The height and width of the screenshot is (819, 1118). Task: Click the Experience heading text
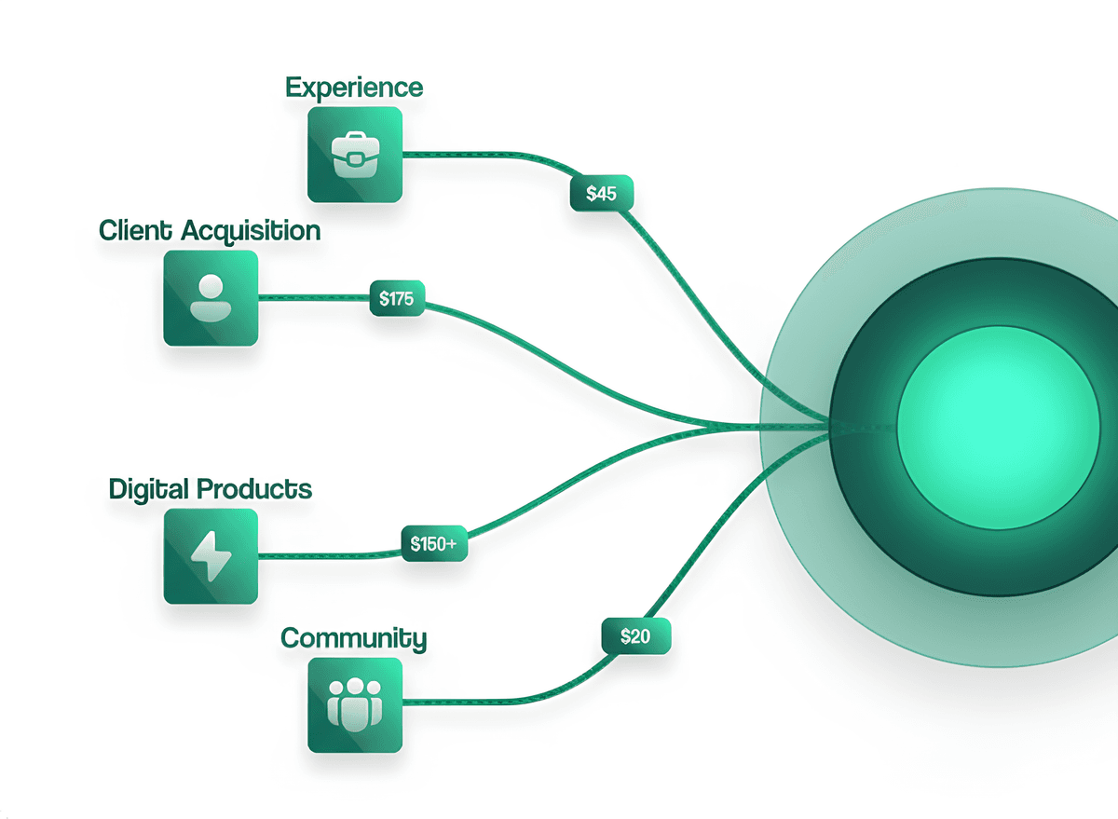354,88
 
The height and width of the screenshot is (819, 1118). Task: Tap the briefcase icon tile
355,155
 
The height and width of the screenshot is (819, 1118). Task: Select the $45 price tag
601,194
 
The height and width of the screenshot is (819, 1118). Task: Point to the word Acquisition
251,231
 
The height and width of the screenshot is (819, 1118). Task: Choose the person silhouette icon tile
211,298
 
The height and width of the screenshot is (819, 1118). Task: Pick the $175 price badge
397,298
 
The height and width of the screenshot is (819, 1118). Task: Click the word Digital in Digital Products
149,488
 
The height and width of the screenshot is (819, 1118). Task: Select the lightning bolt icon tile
211,556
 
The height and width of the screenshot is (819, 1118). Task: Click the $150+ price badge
433,544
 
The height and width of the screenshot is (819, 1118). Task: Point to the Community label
354,638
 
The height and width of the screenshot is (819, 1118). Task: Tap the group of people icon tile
355,705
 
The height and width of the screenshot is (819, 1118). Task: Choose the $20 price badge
634,637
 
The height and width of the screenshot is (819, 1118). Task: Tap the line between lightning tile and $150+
326,555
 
